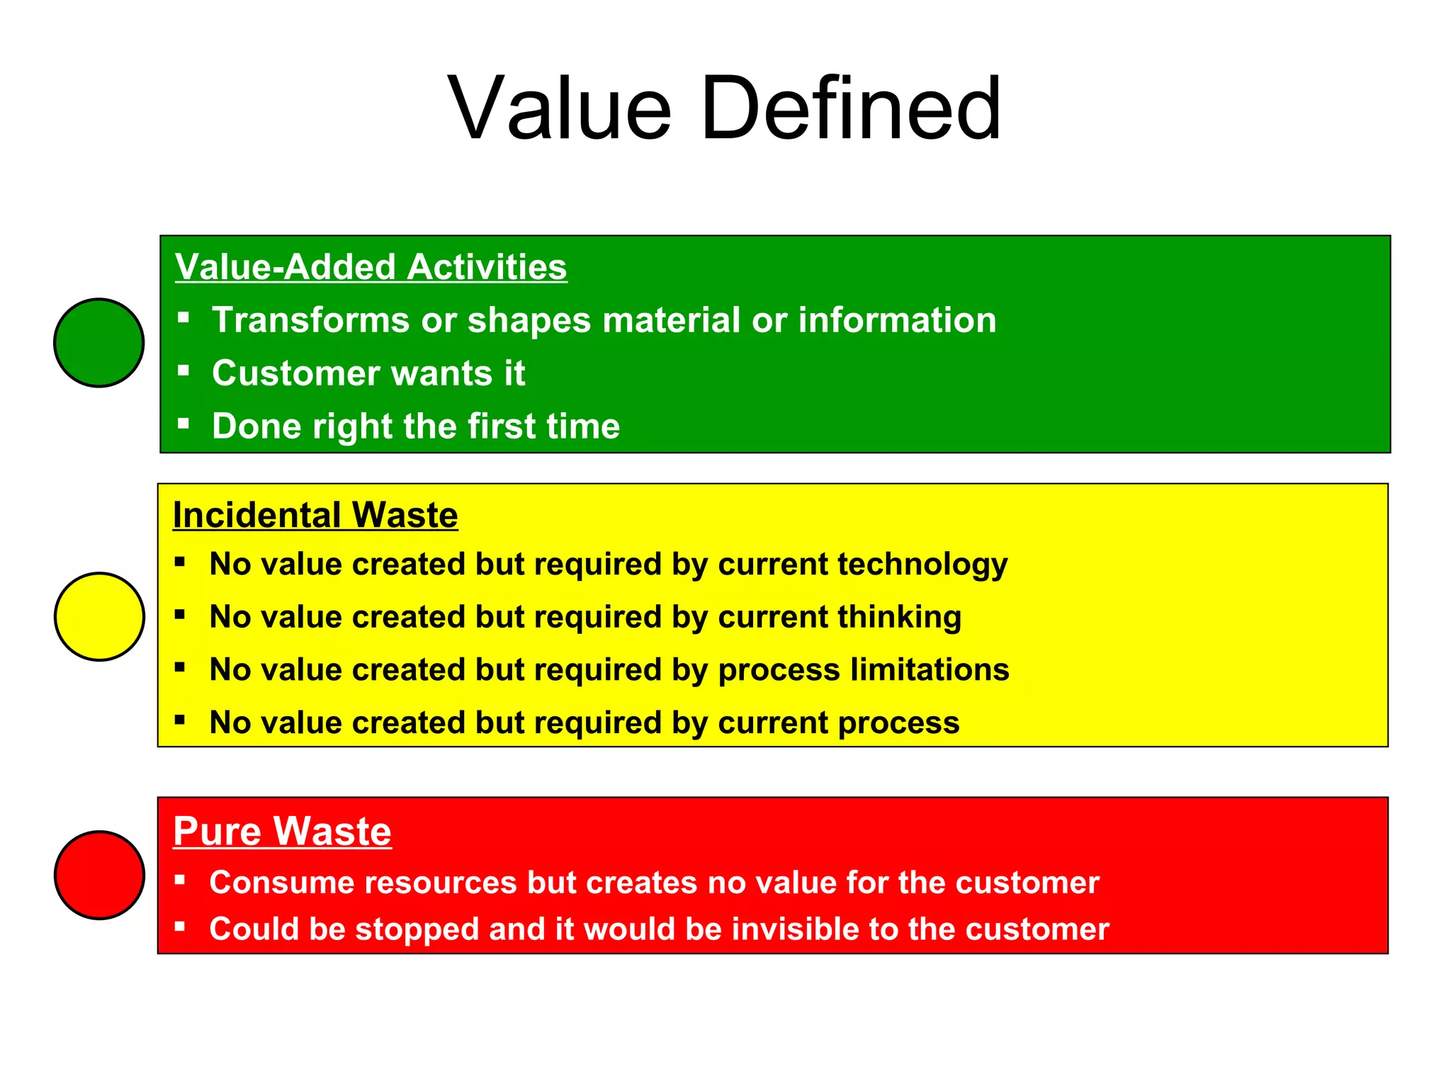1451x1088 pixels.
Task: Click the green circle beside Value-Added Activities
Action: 99,343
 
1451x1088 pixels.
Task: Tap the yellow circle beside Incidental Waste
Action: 99,617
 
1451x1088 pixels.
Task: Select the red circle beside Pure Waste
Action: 99,875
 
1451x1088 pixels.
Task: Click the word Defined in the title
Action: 850,109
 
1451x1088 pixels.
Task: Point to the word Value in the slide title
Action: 560,109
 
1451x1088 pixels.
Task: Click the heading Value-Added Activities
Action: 371,267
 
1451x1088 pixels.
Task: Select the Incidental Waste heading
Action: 315,515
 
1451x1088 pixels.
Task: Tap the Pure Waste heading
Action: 282,831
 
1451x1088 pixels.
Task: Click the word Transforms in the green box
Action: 310,320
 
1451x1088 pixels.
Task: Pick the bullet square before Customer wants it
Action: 184,370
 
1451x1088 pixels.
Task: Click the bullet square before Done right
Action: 184,424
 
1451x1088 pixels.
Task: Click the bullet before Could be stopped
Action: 180,926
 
